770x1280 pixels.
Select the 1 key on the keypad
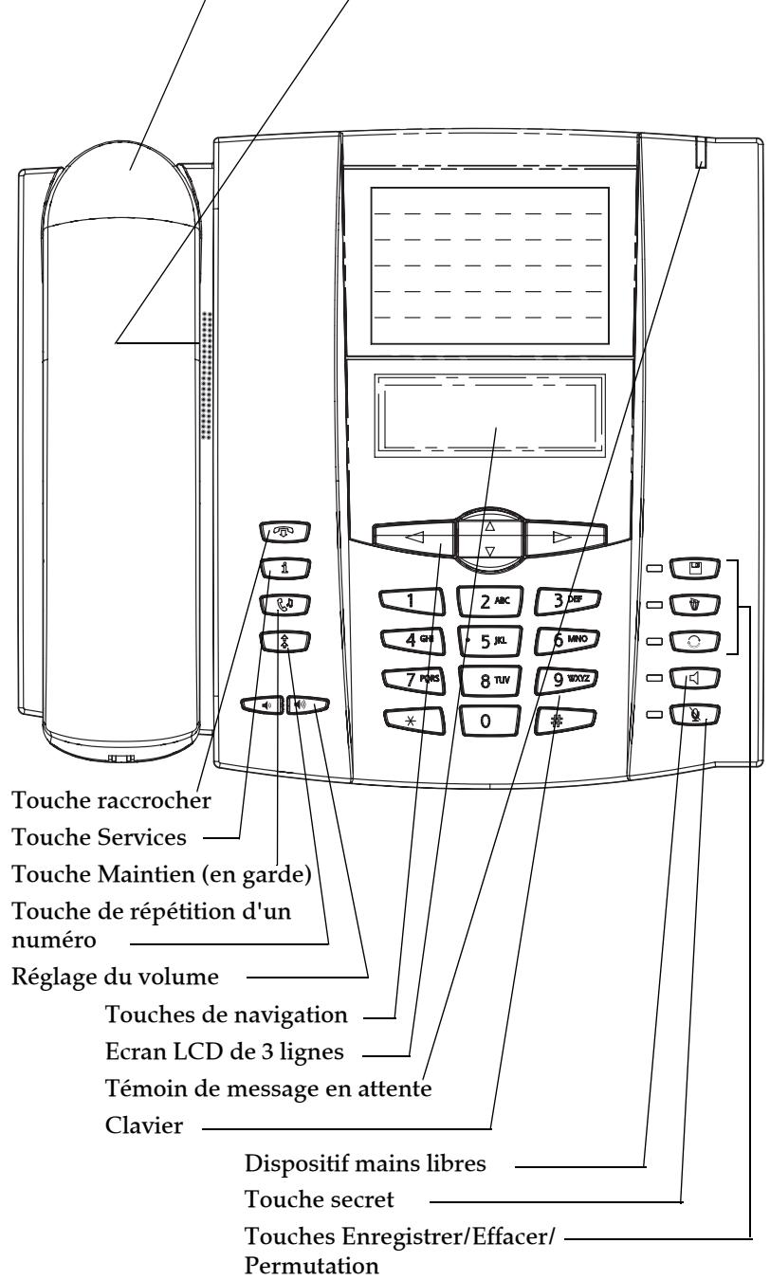(x=410, y=599)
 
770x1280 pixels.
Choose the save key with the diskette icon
(x=697, y=569)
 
